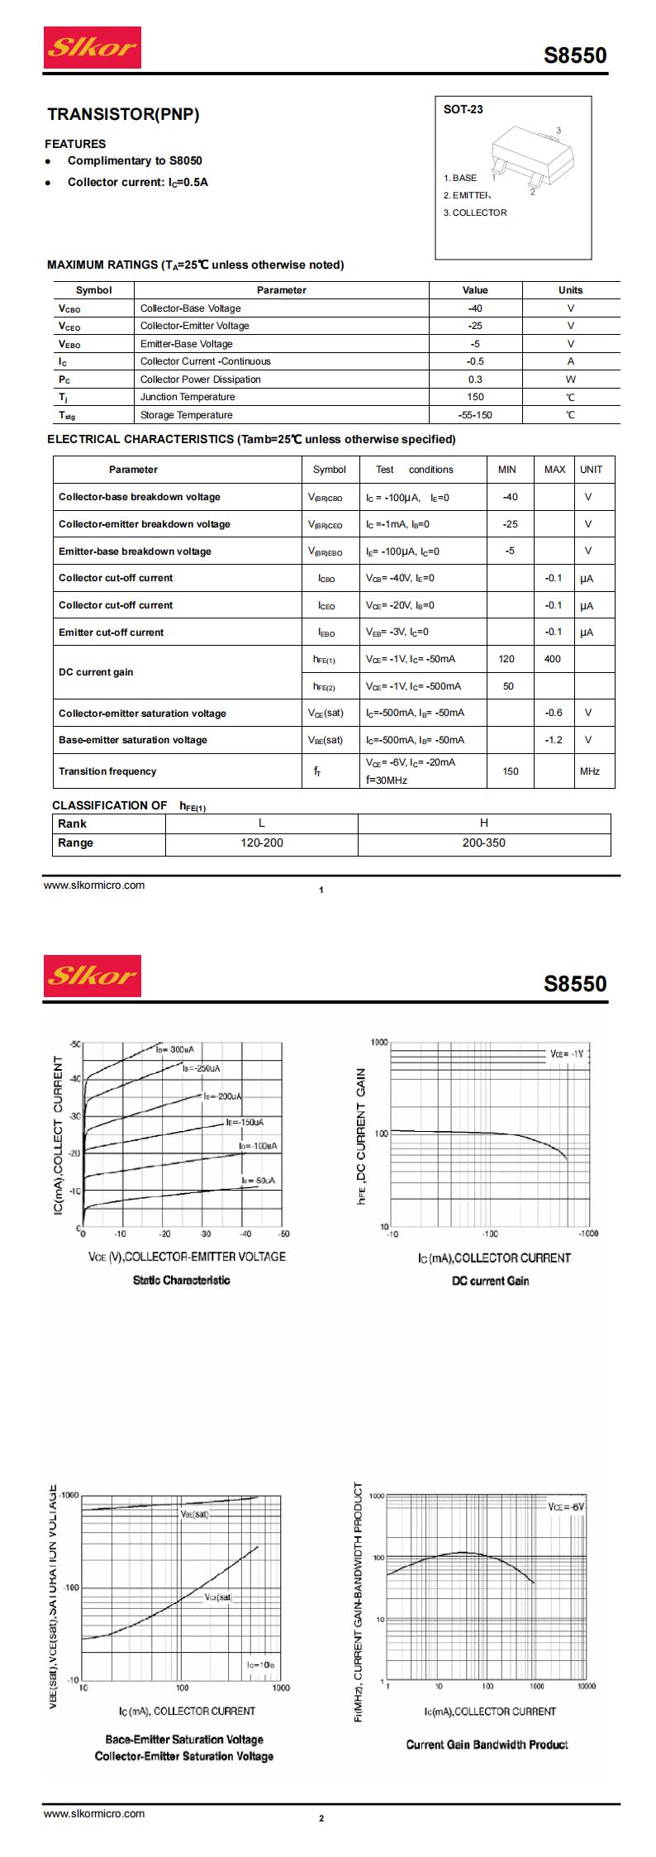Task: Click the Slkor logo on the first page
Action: click(93, 47)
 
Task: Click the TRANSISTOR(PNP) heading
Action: click(123, 115)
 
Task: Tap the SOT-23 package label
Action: click(463, 109)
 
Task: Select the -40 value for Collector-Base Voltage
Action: click(475, 308)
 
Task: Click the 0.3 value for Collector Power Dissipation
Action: click(475, 380)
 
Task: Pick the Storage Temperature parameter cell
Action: click(186, 415)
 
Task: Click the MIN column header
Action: click(507, 470)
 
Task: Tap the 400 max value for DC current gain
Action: click(553, 659)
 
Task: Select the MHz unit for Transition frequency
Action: click(590, 771)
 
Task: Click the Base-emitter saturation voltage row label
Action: click(133, 740)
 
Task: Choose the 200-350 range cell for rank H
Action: click(484, 843)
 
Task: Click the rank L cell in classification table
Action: click(262, 823)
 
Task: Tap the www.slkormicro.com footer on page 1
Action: click(94, 886)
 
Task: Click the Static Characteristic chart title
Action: click(182, 1281)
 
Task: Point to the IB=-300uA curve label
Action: click(174, 1049)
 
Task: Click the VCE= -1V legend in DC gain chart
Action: click(567, 1054)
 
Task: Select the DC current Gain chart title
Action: click(491, 1282)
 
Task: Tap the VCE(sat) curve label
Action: click(219, 1598)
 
